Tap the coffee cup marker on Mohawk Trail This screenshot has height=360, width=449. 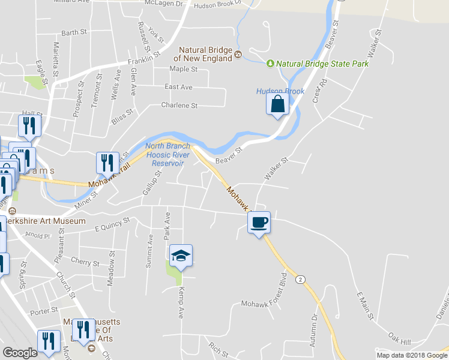pos(259,223)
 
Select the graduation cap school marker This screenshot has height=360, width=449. pos(181,256)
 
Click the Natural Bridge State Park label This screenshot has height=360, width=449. pos(322,64)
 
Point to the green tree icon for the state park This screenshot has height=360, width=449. pos(270,63)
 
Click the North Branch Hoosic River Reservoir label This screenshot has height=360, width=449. pos(167,154)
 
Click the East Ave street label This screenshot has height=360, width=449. pos(178,87)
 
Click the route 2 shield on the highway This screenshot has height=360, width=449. pos(301,279)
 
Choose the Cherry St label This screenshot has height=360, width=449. pos(85,263)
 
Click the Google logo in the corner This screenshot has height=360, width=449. pos(20,353)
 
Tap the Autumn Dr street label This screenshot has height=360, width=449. pos(313,333)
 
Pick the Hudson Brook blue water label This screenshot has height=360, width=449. pos(280,91)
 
